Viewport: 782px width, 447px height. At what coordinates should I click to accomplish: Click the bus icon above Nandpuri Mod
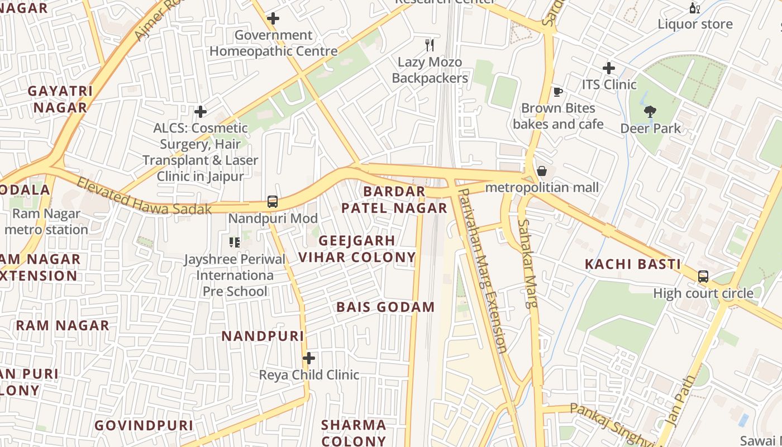pos(273,202)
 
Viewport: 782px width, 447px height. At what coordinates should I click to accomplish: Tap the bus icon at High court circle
pos(703,277)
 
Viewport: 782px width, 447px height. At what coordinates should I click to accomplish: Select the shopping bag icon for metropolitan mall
pos(541,171)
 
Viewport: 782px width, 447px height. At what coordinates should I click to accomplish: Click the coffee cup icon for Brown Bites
pos(557,92)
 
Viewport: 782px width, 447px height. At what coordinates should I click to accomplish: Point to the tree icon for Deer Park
pos(650,112)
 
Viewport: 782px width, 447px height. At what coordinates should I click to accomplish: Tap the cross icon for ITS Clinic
pos(609,68)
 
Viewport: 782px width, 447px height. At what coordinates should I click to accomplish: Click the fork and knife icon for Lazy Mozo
pos(430,45)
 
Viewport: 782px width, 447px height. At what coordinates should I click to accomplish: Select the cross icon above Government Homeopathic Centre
pos(273,18)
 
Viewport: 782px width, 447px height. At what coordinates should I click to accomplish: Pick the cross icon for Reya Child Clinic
pos(309,358)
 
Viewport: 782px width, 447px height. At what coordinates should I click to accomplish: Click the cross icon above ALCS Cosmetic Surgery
pos(201,112)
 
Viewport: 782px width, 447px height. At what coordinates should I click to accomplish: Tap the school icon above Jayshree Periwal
pos(235,242)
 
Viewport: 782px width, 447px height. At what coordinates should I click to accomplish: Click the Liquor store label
pos(695,24)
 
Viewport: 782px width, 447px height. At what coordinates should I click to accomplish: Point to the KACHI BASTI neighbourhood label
pos(632,264)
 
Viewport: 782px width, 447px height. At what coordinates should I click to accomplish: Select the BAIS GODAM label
pos(385,307)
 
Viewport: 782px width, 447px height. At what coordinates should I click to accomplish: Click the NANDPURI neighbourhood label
pos(263,336)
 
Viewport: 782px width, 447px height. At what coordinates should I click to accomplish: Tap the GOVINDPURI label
pos(144,425)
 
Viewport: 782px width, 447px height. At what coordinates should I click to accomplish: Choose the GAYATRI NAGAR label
pos(60,99)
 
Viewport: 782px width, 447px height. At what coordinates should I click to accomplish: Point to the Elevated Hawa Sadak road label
pos(144,196)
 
